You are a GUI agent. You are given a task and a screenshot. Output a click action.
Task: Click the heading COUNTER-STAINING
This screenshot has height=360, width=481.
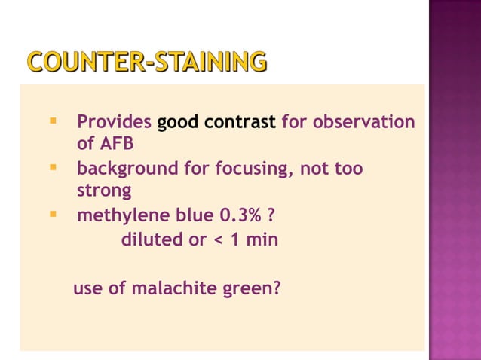(146, 62)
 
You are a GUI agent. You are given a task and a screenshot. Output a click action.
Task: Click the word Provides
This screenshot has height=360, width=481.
(113, 122)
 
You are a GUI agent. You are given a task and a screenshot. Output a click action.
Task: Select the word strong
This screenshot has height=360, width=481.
(104, 191)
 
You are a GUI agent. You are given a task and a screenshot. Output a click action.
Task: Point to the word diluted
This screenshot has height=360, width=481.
(150, 240)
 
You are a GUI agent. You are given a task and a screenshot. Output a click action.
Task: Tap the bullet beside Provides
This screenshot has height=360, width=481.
(53, 121)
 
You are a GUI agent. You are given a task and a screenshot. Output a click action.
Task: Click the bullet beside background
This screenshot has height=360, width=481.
(53, 166)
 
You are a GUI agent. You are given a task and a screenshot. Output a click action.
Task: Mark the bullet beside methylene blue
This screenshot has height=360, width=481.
(53, 215)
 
